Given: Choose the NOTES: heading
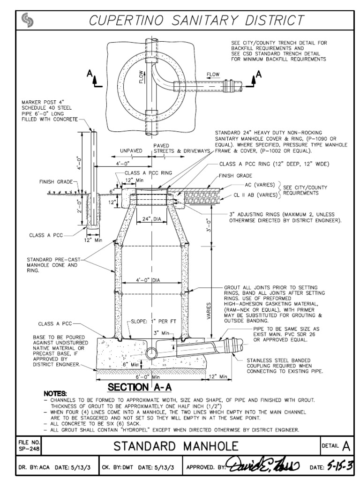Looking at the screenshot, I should [55, 393].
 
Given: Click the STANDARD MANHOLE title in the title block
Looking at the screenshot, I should [181, 445].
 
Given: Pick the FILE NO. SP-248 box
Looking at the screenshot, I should [29, 445].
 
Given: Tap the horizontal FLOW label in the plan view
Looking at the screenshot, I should [213, 75].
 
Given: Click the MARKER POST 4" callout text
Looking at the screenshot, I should [45, 111].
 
